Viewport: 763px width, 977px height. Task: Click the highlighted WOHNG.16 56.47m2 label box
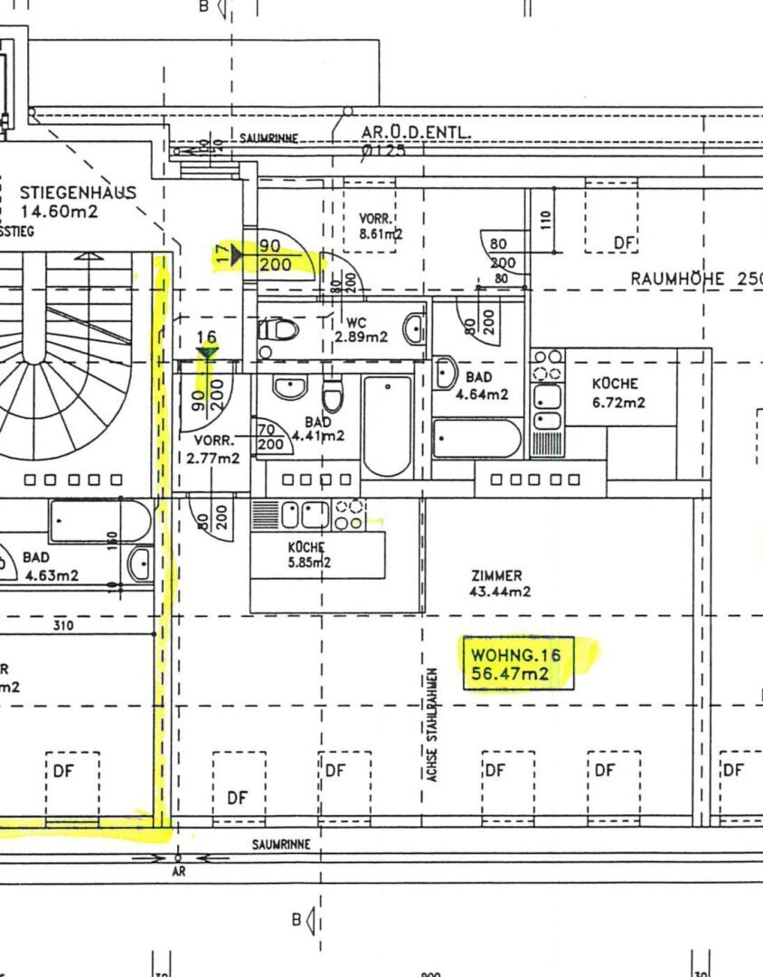[519, 664]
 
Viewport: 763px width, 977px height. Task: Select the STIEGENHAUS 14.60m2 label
[78, 202]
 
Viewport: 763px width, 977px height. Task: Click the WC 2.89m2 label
[362, 330]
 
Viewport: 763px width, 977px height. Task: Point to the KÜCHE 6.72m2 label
[618, 393]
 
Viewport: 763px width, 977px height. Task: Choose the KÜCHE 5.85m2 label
[309, 555]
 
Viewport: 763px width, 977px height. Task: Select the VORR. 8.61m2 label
[379, 226]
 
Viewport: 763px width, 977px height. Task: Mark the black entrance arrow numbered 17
[236, 256]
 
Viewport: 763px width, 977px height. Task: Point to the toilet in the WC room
[281, 329]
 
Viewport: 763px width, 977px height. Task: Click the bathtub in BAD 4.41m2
[387, 425]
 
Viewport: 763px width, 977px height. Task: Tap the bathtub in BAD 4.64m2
[476, 439]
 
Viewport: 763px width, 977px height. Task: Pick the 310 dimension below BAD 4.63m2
[64, 625]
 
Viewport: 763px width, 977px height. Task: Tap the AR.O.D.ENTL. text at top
[416, 132]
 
